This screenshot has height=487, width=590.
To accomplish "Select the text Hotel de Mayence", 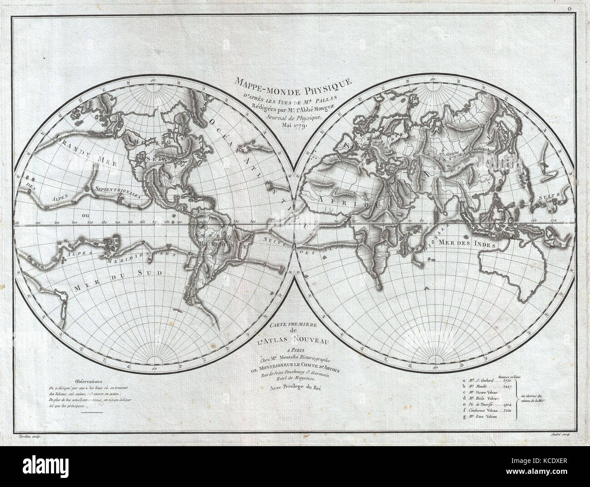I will click(295, 379).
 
